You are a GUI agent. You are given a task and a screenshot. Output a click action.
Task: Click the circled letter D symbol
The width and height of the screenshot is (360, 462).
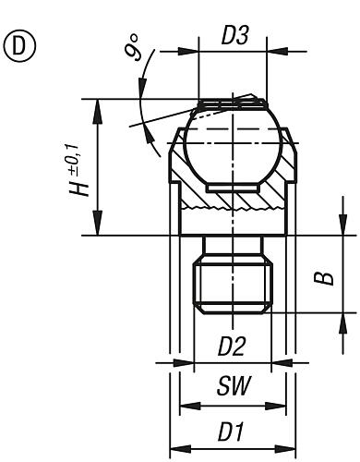tap(19, 46)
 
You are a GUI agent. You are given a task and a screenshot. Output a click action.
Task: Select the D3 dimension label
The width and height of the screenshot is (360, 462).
tap(234, 36)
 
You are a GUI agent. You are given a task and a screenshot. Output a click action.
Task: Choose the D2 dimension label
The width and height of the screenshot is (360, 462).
tap(232, 346)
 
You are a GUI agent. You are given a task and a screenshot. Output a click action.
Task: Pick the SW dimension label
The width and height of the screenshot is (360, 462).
tap(234, 385)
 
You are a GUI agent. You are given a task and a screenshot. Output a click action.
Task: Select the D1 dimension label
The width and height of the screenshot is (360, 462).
tap(231, 432)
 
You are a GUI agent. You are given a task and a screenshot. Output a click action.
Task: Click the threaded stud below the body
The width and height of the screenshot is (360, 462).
tap(233, 286)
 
